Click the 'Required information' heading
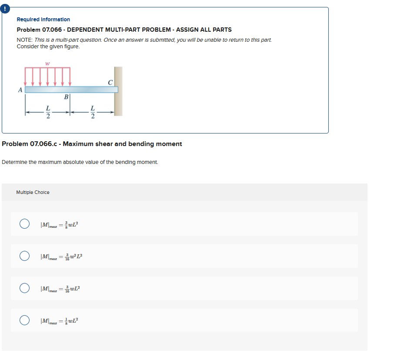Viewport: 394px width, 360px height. (43, 20)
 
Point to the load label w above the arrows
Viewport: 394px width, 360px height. (47, 63)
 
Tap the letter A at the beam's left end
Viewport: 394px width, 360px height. (20, 90)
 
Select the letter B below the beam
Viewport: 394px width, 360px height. (66, 97)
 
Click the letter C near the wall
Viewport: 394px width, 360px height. (110, 82)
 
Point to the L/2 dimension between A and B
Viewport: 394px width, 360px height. (48, 112)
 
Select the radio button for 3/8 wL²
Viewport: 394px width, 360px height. (24, 224)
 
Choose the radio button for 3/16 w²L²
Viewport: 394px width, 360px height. (24, 256)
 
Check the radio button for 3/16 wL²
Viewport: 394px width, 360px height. (24, 288)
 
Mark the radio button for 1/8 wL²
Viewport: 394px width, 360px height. (24, 320)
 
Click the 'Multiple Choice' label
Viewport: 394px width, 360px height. (33, 192)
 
